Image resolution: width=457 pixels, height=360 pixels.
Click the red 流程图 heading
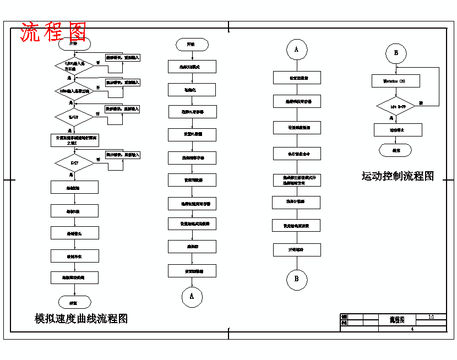(53, 32)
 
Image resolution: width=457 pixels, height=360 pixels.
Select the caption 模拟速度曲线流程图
(81, 318)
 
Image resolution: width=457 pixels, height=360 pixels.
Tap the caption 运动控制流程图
(398, 176)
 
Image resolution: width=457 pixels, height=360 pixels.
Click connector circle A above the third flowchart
(296, 50)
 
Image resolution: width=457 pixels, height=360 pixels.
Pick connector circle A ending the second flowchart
(192, 296)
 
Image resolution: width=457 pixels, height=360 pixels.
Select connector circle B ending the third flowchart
(296, 279)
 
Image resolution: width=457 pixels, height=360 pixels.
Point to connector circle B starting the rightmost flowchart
(395, 53)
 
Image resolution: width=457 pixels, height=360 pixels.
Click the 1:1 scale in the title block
(431, 317)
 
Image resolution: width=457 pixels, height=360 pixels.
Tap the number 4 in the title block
(412, 329)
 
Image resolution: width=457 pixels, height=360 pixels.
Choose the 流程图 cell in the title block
(397, 319)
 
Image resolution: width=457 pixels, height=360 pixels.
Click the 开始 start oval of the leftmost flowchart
(73, 43)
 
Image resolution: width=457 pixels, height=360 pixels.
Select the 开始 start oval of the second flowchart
(192, 44)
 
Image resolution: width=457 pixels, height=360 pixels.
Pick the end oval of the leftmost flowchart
(74, 302)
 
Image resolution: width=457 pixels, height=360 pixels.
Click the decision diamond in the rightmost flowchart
(396, 105)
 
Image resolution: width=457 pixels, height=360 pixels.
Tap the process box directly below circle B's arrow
(396, 81)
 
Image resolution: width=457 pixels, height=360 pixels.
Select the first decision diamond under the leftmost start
(74, 66)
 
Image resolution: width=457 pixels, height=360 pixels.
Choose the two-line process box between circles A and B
(297, 180)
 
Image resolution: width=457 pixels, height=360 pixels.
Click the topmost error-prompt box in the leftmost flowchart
(122, 57)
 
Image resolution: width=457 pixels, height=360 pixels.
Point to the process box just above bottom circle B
(297, 249)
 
